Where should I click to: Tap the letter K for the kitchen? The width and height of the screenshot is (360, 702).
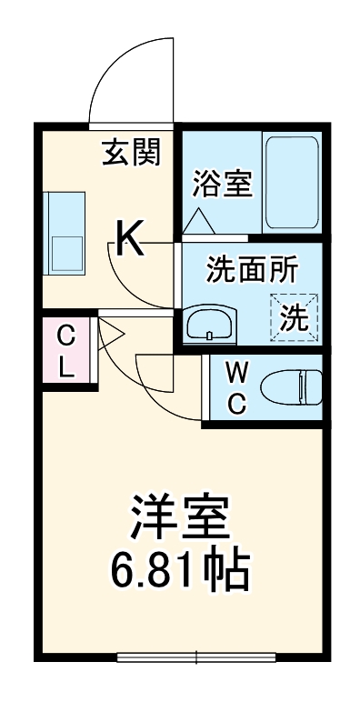pyautogui.click(x=128, y=240)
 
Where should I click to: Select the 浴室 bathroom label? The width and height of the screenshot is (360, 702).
pyautogui.click(x=221, y=184)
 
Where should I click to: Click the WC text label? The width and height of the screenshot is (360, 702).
pyautogui.click(x=235, y=388)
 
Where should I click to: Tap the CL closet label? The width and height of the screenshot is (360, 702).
pyautogui.click(x=66, y=351)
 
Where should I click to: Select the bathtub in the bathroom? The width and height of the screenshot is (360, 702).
pyautogui.click(x=291, y=182)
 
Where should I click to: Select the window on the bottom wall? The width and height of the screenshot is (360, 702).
pyautogui.click(x=196, y=656)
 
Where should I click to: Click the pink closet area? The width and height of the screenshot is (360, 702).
pyautogui.click(x=66, y=352)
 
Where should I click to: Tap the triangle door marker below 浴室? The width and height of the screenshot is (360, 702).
pyautogui.click(x=197, y=221)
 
